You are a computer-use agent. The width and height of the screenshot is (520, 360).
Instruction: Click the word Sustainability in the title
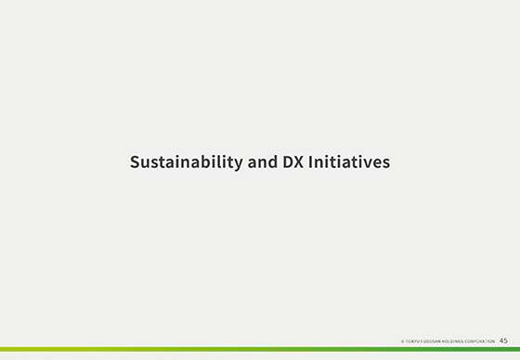184,162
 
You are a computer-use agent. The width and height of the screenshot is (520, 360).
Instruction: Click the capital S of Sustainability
135,162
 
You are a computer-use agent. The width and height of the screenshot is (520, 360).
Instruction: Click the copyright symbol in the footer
402,341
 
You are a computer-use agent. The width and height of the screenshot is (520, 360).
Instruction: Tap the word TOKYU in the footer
411,341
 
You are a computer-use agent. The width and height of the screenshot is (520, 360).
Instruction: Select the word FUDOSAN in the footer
429,341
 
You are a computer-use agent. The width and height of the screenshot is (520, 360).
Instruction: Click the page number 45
503,341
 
